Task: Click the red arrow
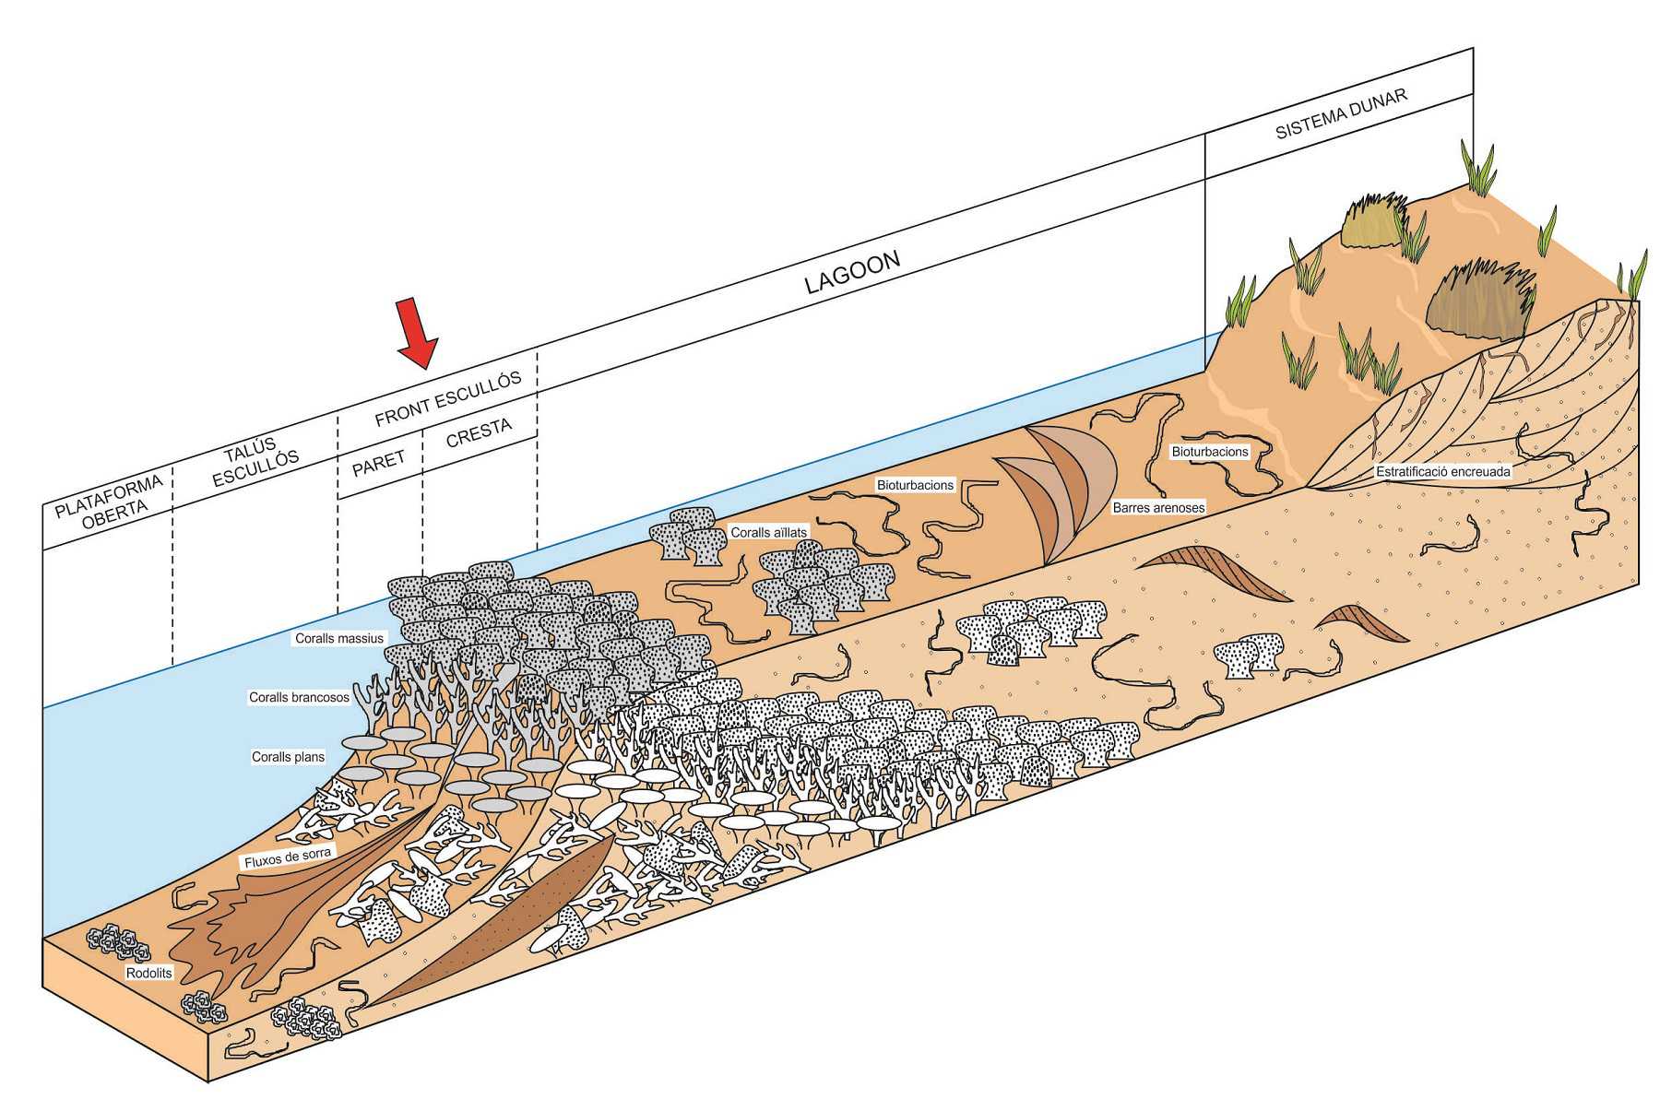(x=416, y=334)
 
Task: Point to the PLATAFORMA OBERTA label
(x=110, y=501)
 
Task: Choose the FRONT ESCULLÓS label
(x=448, y=399)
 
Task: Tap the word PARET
(x=378, y=462)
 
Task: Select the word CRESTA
(x=479, y=432)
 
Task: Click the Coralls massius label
(x=339, y=638)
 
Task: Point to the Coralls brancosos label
(x=299, y=697)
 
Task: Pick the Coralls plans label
(x=288, y=757)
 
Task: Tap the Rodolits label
(x=149, y=973)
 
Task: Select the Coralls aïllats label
(x=768, y=532)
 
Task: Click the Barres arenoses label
(x=1158, y=508)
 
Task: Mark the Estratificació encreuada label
(x=1443, y=471)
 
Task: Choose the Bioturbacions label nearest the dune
(x=1209, y=452)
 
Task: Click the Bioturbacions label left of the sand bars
(x=915, y=485)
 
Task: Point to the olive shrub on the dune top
(x=1371, y=220)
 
